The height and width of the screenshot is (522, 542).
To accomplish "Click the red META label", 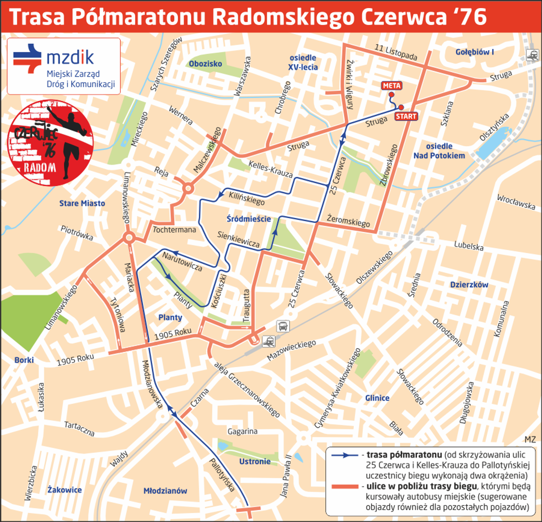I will [x=392, y=86].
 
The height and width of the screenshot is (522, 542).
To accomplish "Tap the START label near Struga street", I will [x=406, y=116].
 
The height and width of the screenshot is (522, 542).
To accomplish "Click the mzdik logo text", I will [x=70, y=58].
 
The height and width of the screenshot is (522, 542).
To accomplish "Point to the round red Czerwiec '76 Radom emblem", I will [x=49, y=143].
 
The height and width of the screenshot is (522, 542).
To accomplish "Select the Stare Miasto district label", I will [x=82, y=203].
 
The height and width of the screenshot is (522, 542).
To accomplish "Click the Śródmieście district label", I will [x=249, y=219].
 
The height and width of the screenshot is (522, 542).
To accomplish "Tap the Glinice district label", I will [x=377, y=398].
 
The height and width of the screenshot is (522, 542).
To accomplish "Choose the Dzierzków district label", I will [x=469, y=285].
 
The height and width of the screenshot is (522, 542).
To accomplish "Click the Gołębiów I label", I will [x=474, y=52].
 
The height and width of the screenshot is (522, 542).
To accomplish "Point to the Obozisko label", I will [x=205, y=64].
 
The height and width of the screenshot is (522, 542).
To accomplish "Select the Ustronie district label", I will [x=255, y=462].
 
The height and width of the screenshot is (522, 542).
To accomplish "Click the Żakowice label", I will [x=65, y=490].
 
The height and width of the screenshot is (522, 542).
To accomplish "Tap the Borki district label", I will [x=24, y=360].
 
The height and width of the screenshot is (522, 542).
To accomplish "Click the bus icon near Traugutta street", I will [x=283, y=326].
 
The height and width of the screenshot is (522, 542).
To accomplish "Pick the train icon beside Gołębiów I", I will [x=532, y=55].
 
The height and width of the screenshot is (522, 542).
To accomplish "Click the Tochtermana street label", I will [x=174, y=230].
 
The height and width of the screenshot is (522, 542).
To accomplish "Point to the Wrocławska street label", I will [x=516, y=202].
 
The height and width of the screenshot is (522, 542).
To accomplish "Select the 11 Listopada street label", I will [x=396, y=52].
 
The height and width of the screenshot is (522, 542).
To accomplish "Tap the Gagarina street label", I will [x=242, y=432].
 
